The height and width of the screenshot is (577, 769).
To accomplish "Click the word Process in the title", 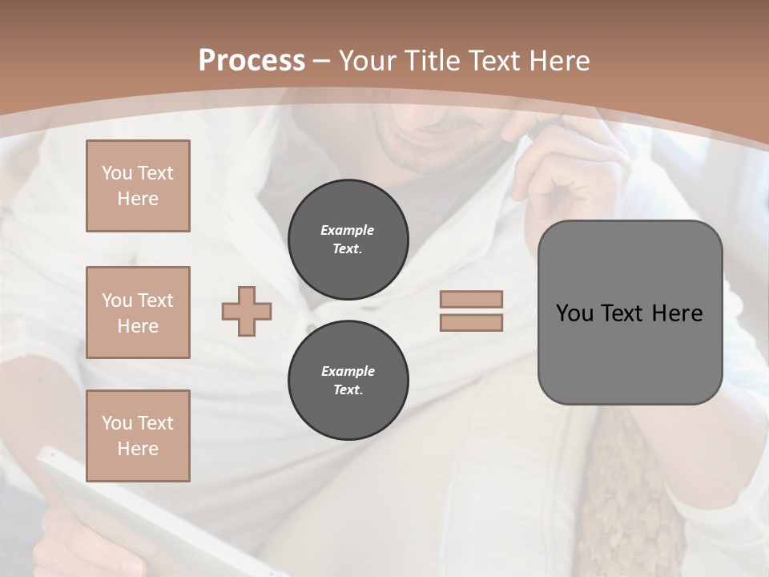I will click(252, 61).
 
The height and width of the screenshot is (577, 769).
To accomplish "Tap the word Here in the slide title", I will click(558, 61).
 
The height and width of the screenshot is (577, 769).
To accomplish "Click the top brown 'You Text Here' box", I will click(138, 186).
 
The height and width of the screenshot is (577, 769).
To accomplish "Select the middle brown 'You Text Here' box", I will click(138, 313).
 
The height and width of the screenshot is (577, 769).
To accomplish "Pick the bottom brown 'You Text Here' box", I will click(138, 436).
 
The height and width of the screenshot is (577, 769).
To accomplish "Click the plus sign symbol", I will click(247, 311).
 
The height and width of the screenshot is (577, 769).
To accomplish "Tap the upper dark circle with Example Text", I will click(348, 240).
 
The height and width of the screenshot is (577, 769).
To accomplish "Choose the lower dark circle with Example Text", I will click(348, 381).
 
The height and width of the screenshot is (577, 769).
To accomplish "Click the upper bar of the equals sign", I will click(471, 299).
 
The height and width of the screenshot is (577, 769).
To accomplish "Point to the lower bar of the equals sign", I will click(471, 322).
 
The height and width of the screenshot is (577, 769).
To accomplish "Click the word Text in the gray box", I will click(623, 313).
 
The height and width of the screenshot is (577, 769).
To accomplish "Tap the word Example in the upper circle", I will click(348, 230).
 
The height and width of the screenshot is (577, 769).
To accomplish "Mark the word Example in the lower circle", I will click(348, 371).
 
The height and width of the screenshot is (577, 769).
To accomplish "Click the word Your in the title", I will click(364, 61).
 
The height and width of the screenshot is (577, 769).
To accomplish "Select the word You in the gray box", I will click(574, 313).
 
